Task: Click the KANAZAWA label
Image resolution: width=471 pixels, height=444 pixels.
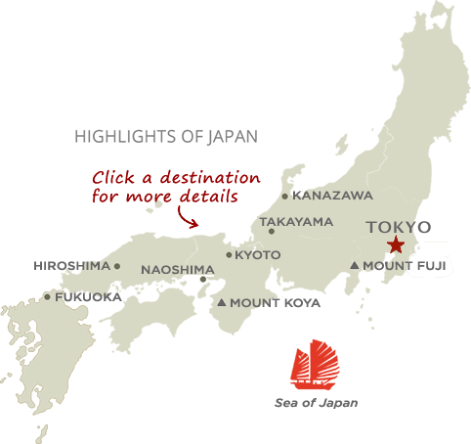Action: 332,196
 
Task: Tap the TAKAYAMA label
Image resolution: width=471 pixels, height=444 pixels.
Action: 296,222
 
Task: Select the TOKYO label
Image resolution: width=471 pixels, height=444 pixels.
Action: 398,228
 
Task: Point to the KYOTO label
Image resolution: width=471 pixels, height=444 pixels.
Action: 258,255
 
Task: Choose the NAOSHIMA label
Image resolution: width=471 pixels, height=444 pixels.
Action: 177,270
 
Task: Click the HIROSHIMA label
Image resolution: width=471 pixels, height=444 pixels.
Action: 72,266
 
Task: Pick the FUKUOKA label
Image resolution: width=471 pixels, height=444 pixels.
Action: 88,296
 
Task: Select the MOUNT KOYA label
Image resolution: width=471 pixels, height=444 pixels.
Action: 276,303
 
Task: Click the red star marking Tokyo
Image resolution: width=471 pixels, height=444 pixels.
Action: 396,245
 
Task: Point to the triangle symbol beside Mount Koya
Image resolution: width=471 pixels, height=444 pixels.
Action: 223,303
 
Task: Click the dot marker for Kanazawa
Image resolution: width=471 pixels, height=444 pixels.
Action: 285,197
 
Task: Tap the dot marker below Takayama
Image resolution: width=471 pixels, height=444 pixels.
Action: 272,232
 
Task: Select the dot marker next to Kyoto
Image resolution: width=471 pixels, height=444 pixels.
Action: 229,255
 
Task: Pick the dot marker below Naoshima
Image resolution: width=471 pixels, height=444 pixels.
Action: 203,280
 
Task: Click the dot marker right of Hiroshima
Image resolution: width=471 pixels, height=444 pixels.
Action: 117,266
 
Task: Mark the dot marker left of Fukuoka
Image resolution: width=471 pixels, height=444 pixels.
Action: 47,297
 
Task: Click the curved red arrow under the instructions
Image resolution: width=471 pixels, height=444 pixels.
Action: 187,216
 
